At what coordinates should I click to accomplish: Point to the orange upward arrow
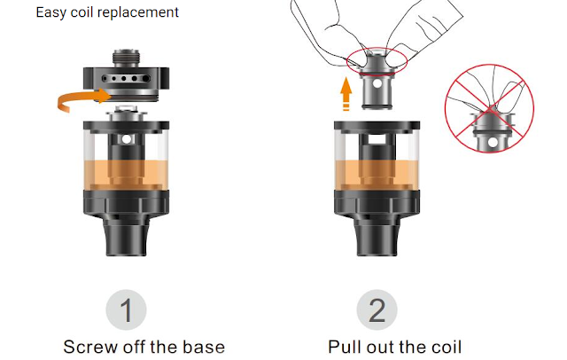pyautogui.click(x=346, y=93)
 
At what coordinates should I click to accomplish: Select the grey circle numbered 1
pyautogui.click(x=126, y=309)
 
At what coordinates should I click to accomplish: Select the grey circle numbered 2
pyautogui.click(x=377, y=309)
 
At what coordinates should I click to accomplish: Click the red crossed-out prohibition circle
pyautogui.click(x=489, y=108)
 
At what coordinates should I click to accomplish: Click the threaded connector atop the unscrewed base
pyautogui.click(x=126, y=58)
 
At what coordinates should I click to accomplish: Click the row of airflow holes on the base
pyautogui.click(x=126, y=78)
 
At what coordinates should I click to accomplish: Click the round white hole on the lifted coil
pyautogui.click(x=377, y=84)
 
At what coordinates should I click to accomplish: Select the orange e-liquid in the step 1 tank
pyautogui.click(x=126, y=175)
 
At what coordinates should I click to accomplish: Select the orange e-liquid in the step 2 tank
pyautogui.click(x=377, y=175)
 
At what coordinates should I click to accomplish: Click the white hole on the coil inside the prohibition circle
pyautogui.click(x=493, y=143)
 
